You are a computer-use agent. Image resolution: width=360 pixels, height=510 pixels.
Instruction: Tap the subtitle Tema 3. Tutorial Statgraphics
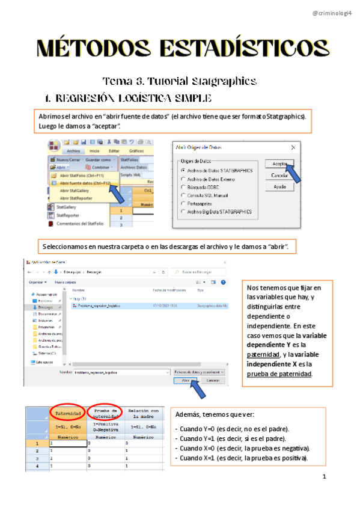coord(180,81)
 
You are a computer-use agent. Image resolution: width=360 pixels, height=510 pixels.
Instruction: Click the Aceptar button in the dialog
coord(279,163)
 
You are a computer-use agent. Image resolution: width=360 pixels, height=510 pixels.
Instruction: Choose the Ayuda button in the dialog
coord(279,187)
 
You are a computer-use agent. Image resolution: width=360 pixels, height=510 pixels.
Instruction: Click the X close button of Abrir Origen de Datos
coord(293,147)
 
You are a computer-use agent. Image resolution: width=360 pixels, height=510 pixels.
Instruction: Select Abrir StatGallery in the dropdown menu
coord(75,190)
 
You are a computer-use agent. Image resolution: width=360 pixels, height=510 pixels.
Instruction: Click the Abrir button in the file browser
coord(186,381)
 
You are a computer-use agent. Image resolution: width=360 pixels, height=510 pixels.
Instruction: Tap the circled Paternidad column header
coord(69,414)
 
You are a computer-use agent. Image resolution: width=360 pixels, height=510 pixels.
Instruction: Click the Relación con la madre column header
coord(143,413)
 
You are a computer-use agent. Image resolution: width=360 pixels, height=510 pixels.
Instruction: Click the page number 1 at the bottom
coord(324,478)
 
